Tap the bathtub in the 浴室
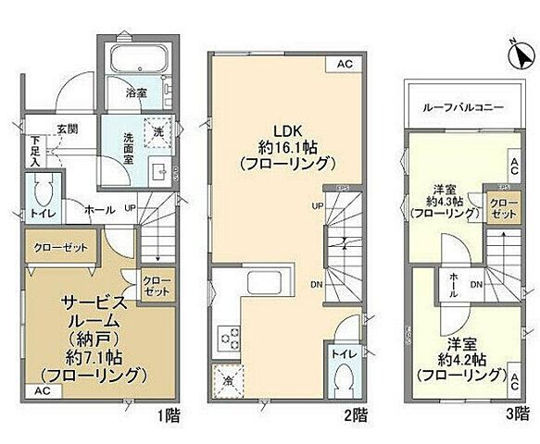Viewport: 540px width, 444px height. point(137,61)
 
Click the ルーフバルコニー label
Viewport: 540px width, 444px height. point(465,107)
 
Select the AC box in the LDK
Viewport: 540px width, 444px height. point(344,64)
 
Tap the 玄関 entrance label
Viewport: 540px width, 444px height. point(67,129)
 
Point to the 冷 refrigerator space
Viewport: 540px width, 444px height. point(226,380)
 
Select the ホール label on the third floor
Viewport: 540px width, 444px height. point(453,284)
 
